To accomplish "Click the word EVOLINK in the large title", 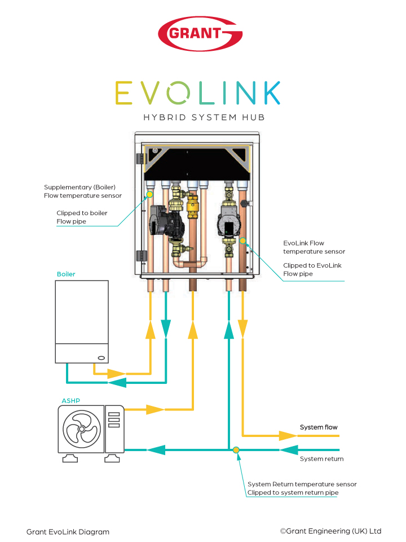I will pos(198,93).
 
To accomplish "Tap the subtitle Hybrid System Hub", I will pos(204,118).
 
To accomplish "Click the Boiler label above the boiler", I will pos(66,274).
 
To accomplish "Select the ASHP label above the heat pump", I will pos(70,401).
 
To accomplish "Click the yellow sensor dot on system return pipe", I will pos(236,450).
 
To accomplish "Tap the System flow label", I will pos(319,427).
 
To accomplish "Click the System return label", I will pos(321,459).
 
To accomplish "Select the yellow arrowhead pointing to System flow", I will pos(288,435).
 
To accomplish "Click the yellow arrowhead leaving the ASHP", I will pos(155,409).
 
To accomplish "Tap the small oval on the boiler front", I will pos(101,357).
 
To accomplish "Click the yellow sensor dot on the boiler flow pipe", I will pos(150,194).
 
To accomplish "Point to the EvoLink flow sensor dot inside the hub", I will pos(243,241).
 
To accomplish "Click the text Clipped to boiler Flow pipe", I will pos(82,217).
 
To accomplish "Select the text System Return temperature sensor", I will pos(302,484).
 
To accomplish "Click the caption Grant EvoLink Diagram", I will pos(68,532).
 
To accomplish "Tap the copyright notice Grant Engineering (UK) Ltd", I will pos(330,531).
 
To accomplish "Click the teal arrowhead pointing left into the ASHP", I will pos(156,450).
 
